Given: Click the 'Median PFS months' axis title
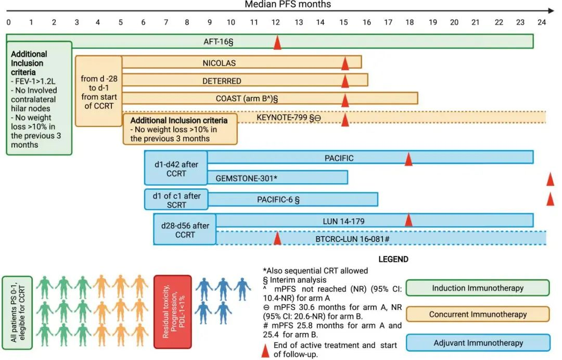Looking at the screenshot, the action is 288,4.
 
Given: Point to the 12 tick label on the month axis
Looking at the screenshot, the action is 275,22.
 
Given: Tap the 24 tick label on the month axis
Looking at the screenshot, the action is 542,22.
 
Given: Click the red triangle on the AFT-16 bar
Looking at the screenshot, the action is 277,42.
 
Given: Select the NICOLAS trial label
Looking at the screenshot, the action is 219,63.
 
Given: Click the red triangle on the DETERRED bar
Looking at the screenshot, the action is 345,81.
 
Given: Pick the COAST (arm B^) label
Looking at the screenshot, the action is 247,98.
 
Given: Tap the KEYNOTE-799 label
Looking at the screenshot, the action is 288,118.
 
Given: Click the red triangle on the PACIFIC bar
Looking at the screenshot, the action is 408,159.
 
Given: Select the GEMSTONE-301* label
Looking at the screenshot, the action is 246,178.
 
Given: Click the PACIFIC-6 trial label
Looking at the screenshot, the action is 278,200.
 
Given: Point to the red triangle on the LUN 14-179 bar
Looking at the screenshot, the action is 408,220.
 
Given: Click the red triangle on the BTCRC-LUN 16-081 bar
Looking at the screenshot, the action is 277,238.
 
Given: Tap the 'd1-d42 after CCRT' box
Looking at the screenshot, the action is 176,168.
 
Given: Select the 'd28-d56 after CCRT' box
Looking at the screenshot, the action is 185,229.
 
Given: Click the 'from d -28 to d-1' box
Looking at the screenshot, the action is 98,91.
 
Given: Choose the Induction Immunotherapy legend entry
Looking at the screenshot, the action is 477,288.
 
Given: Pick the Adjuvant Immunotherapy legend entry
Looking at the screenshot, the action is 478,343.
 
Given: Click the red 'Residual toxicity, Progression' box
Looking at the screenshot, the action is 173,312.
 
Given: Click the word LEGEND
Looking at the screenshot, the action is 393,260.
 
